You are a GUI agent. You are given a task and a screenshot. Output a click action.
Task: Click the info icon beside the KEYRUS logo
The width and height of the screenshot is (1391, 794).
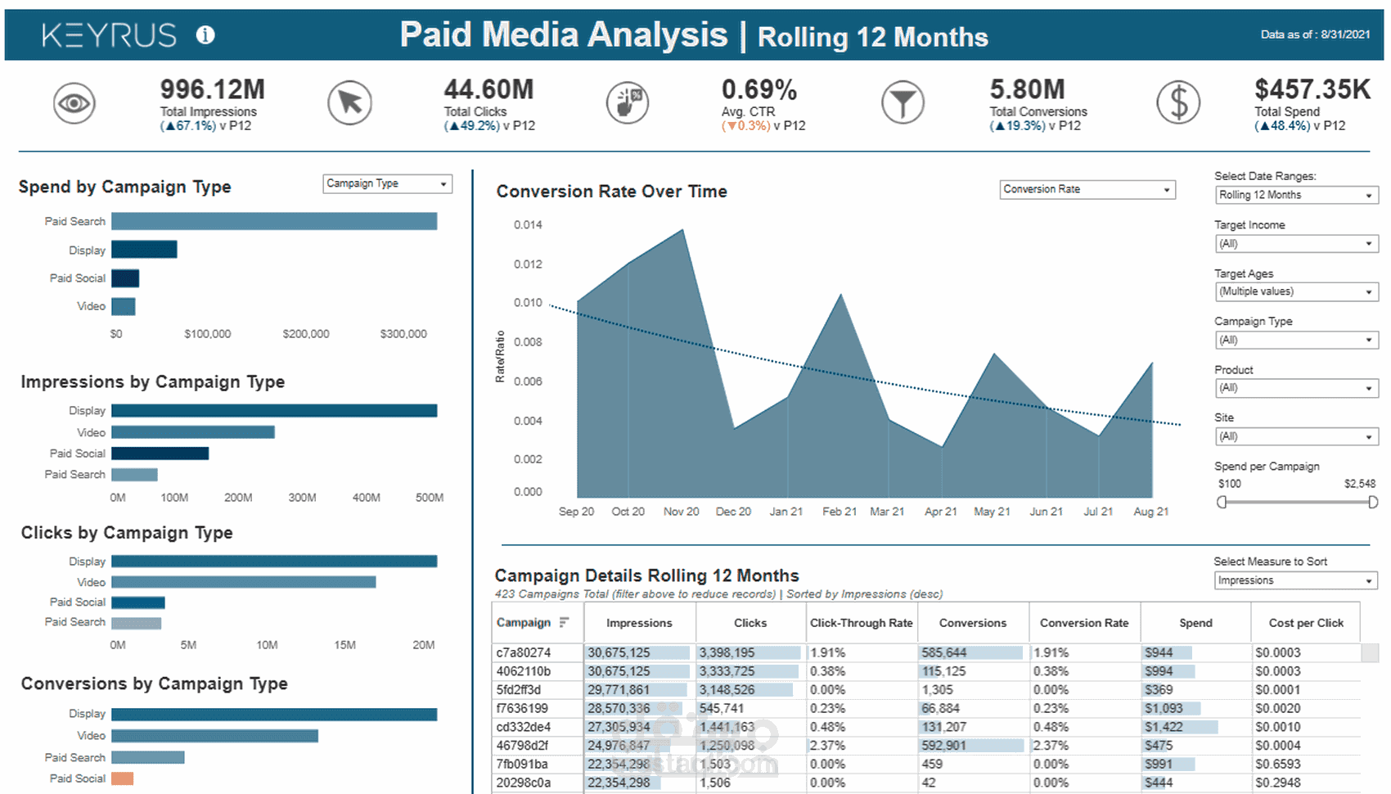(205, 35)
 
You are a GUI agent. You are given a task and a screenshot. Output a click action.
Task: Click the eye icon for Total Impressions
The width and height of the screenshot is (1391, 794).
(74, 104)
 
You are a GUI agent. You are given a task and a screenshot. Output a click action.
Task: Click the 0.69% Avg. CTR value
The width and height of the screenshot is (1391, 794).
(759, 89)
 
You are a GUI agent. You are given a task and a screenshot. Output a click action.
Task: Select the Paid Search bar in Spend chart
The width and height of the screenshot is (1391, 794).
(274, 221)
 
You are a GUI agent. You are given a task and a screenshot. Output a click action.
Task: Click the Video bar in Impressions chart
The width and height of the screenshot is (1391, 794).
(193, 432)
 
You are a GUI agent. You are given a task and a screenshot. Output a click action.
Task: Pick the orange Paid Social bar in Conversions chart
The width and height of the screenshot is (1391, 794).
(123, 778)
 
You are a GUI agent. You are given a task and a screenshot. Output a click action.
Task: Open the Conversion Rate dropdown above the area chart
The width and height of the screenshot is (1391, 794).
(1087, 190)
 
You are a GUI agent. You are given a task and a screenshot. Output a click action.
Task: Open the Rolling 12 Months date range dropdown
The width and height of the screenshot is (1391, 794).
(1296, 195)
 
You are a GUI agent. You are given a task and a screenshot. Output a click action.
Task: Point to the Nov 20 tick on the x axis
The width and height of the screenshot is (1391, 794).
(681, 512)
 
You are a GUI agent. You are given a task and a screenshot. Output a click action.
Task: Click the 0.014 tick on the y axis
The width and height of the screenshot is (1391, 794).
(528, 225)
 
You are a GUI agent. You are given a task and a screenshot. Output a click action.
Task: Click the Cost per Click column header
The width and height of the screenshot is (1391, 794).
(1306, 623)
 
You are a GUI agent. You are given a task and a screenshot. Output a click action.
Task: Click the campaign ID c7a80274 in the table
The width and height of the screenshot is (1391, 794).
(524, 653)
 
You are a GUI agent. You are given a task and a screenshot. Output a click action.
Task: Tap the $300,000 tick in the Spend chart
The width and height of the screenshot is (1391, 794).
(403, 334)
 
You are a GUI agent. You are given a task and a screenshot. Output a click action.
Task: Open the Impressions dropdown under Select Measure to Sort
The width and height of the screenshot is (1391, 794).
(1295, 580)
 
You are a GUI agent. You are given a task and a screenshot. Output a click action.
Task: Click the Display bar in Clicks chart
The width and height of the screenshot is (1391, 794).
(274, 562)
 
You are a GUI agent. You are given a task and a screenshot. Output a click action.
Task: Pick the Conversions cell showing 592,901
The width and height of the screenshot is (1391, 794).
(943, 746)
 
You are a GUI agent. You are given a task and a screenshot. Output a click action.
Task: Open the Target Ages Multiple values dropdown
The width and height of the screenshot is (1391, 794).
(1296, 291)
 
